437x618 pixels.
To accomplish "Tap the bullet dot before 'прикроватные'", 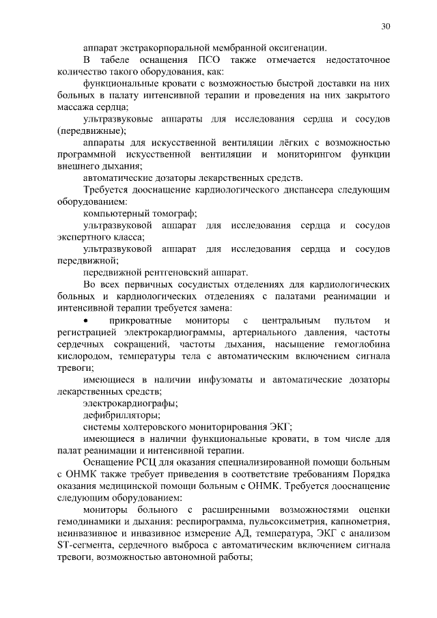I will pyautogui.click(x=85, y=320).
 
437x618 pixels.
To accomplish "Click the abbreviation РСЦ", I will pyautogui.click(x=146, y=462).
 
